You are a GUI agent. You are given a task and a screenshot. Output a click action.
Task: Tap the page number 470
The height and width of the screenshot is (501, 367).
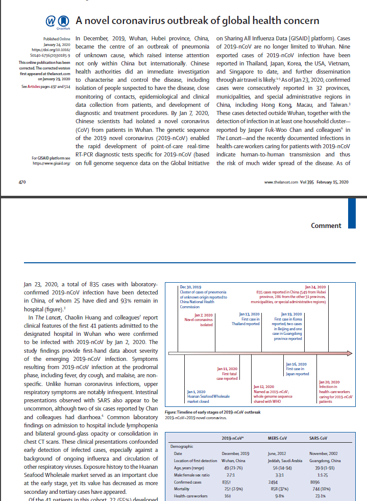(x=22, y=182)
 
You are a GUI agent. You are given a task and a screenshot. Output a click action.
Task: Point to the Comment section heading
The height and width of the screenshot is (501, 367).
(x=326, y=225)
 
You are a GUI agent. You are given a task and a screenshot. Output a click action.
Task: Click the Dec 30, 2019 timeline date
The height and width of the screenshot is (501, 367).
(x=192, y=287)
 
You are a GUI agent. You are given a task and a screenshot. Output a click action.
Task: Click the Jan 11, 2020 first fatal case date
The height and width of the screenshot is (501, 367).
(x=227, y=369)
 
